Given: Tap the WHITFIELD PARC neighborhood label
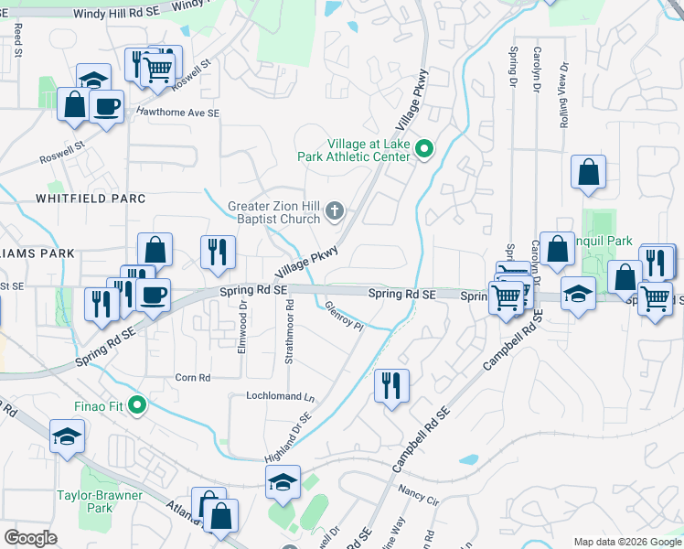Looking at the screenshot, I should click(x=91, y=198).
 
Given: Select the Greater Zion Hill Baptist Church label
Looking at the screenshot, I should click(x=274, y=211).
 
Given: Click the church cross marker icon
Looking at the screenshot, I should click(x=335, y=212).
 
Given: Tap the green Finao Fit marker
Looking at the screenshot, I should click(x=137, y=404).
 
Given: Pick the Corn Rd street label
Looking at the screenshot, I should click(x=192, y=377).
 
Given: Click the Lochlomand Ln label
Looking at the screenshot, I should click(x=280, y=397).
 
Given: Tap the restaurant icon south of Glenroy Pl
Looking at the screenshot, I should click(x=392, y=385).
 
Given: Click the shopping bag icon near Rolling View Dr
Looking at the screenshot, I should click(x=589, y=172).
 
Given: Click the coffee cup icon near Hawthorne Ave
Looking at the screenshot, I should click(x=106, y=106).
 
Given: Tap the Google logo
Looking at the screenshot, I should click(x=31, y=538).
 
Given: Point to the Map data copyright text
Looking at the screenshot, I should click(x=626, y=541).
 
